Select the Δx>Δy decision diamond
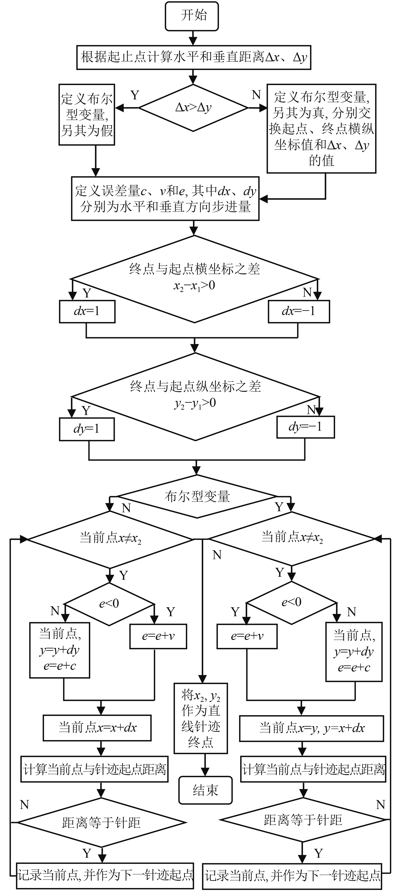(x=193, y=108)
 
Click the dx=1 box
(x=87, y=311)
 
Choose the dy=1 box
(x=87, y=429)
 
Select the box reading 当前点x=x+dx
(x=97, y=728)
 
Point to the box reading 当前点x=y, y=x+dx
(x=312, y=728)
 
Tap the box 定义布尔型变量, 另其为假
(x=87, y=115)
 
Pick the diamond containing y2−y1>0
(x=195, y=396)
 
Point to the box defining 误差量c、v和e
(x=165, y=198)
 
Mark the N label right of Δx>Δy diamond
(x=256, y=94)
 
